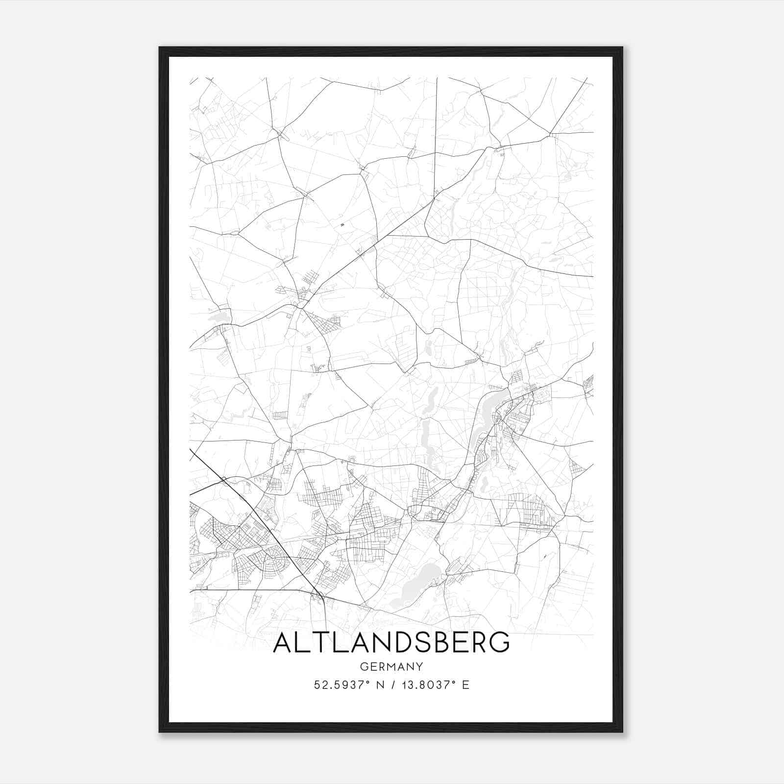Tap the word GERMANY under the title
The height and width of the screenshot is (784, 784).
pyautogui.click(x=391, y=667)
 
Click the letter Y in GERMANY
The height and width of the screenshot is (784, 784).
pyautogui.click(x=419, y=667)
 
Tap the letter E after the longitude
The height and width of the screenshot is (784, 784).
pyautogui.click(x=465, y=685)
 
